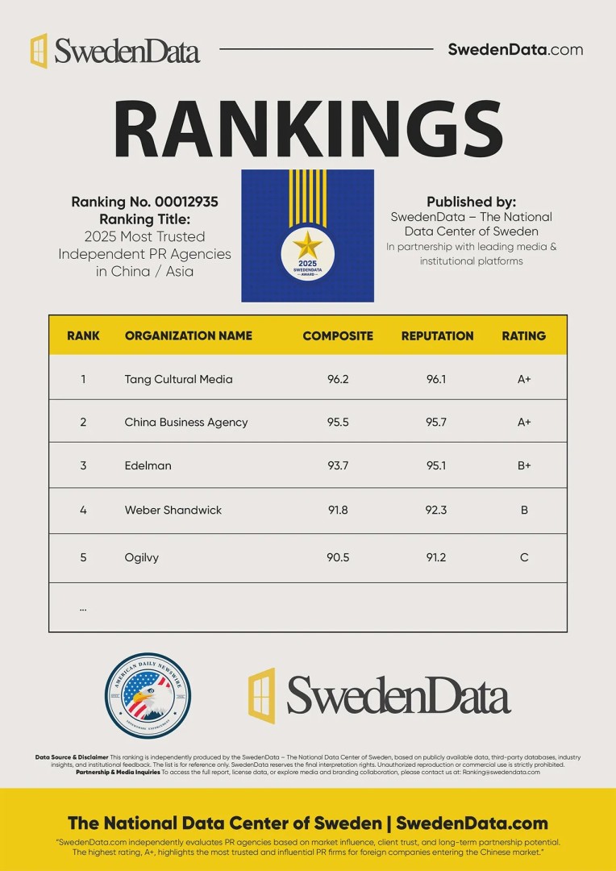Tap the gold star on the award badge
click(x=307, y=245)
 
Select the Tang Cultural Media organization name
click(x=178, y=379)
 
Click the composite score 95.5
click(x=338, y=422)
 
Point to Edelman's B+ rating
click(x=524, y=465)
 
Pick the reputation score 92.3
click(x=436, y=510)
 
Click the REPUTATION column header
click(x=437, y=335)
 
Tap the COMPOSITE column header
click(x=338, y=335)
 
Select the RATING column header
click(x=524, y=335)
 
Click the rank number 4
click(x=83, y=510)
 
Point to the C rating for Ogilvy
click(x=524, y=557)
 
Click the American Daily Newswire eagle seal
click(x=148, y=695)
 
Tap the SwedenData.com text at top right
click(x=515, y=49)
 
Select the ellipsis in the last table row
click(x=83, y=608)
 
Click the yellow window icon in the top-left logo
click(x=39, y=51)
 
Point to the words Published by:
click(x=471, y=202)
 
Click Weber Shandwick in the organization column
click(x=173, y=510)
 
